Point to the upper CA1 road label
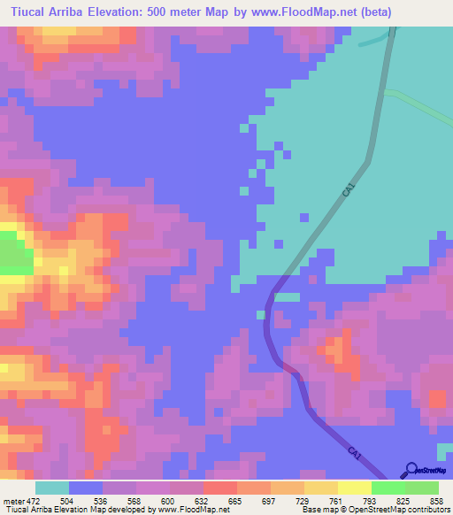coord(349,189)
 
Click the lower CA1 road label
coord(355,453)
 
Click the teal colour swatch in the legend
coord(51,488)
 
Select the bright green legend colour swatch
coord(388,488)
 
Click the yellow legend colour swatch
coord(355,488)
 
